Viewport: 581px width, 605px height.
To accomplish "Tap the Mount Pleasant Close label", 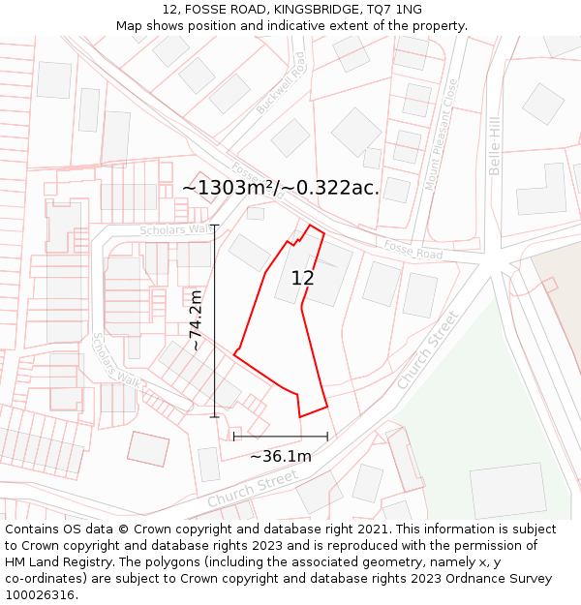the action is pyautogui.click(x=437, y=135).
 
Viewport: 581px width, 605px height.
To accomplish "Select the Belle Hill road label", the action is pyautogui.click(x=495, y=145).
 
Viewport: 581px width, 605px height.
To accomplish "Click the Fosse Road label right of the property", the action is pyautogui.click(x=413, y=249).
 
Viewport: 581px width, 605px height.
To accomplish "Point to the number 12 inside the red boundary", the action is pyautogui.click(x=302, y=279).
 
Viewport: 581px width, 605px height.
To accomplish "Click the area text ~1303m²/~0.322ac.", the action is pyautogui.click(x=281, y=188).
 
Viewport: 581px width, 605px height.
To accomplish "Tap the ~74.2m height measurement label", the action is pyautogui.click(x=196, y=320).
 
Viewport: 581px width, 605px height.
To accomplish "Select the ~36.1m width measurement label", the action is pyautogui.click(x=281, y=456).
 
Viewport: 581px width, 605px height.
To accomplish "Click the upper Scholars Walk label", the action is pyautogui.click(x=175, y=229).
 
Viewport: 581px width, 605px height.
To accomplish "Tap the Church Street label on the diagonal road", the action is pyautogui.click(x=426, y=349).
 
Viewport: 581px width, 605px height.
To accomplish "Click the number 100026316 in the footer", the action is pyautogui.click(x=41, y=594).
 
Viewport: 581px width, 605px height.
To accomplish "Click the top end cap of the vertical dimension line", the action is pyautogui.click(x=214, y=226).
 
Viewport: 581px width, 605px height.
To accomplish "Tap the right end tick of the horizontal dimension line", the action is pyautogui.click(x=327, y=436).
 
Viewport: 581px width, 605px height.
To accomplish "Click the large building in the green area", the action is pyautogui.click(x=507, y=490).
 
